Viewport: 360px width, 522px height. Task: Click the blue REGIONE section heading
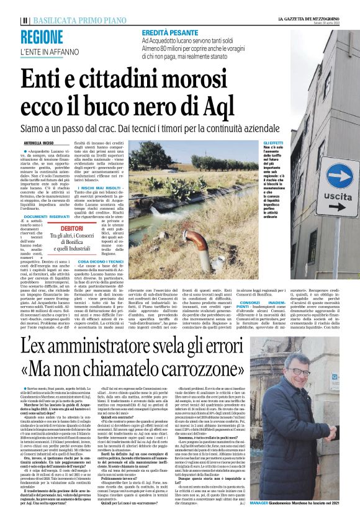[47, 37]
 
